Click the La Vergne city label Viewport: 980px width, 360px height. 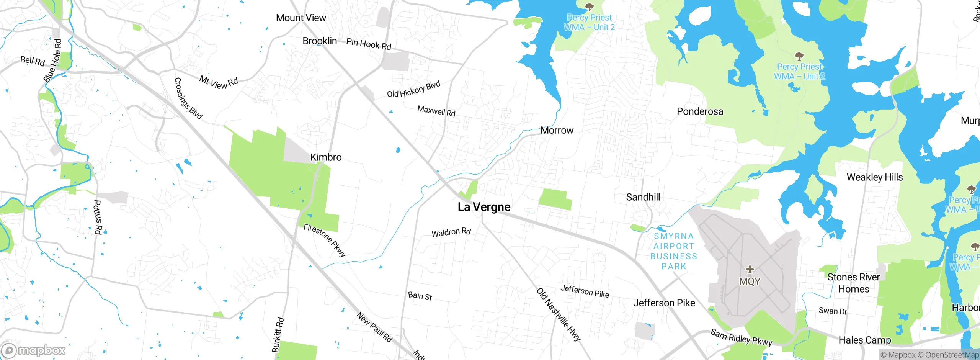tap(484, 207)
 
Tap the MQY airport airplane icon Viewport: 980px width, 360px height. tap(750, 269)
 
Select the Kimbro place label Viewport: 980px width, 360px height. tap(326, 157)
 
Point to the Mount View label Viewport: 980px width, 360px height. tap(301, 18)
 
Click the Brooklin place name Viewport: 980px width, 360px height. tap(320, 41)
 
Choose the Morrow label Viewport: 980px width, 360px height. tap(557, 131)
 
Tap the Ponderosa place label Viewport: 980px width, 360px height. tap(700, 111)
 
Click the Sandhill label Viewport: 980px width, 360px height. tap(643, 197)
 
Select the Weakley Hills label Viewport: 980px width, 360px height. tap(874, 177)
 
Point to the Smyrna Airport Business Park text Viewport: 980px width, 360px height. tap(674, 251)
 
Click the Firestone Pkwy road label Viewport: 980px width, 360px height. tap(325, 240)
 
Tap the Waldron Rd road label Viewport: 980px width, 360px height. tap(451, 232)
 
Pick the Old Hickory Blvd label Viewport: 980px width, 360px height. tap(413, 90)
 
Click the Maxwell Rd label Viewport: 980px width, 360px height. tap(436, 111)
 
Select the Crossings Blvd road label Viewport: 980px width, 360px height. tap(188, 98)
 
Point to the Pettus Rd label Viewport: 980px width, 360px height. tap(98, 217)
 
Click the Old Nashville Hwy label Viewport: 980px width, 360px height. tap(559, 314)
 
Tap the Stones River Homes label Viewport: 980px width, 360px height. tap(853, 283)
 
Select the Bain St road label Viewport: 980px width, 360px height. tap(420, 296)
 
